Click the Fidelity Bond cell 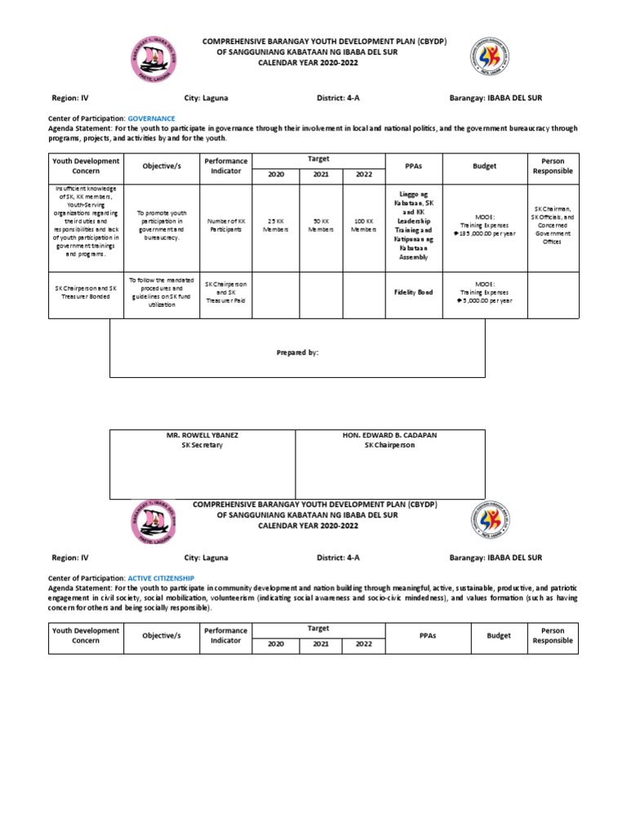point(413,291)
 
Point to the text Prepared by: point(296,352)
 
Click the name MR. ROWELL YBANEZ point(202,435)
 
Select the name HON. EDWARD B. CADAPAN point(389,435)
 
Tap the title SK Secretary point(202,445)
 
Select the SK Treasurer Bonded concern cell point(86,293)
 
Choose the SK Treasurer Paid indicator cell point(226,292)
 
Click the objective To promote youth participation point(160,225)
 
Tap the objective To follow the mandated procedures point(160,292)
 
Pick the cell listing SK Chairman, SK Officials point(553,225)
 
